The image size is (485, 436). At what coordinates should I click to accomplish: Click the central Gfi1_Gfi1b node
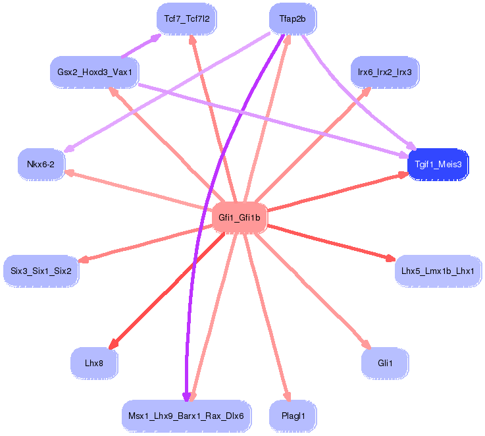(240, 217)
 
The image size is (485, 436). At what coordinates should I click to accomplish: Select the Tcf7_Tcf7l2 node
(187, 18)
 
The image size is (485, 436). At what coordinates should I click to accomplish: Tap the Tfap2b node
(292, 18)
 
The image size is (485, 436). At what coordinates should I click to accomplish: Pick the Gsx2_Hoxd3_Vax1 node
(95, 71)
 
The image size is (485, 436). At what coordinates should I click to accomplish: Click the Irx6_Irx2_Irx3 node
(384, 71)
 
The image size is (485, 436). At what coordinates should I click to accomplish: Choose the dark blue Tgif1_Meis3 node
(438, 164)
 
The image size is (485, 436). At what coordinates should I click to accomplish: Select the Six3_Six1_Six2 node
(41, 270)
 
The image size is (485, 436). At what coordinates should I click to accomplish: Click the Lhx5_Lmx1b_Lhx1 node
(438, 270)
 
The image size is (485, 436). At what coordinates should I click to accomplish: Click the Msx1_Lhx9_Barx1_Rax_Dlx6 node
(186, 416)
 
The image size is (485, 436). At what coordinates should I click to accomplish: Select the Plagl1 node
(293, 416)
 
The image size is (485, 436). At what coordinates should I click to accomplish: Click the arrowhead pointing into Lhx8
(113, 344)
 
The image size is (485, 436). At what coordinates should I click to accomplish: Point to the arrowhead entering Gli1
(367, 343)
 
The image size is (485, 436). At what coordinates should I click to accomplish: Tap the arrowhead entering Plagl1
(287, 395)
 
